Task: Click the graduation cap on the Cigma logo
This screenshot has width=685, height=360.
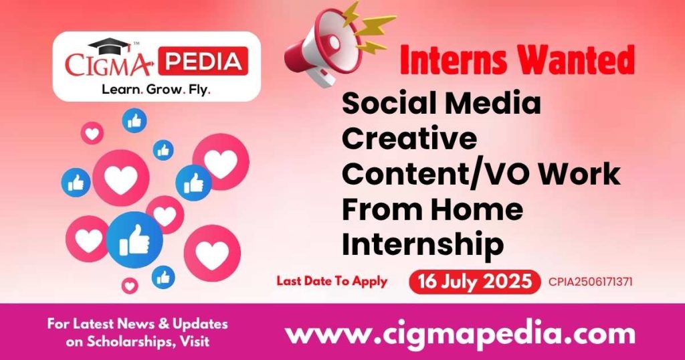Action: (x=111, y=46)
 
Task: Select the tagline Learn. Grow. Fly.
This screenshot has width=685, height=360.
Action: (x=155, y=89)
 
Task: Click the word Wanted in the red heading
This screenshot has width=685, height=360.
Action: (x=577, y=62)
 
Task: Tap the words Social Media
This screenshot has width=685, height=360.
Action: (x=442, y=104)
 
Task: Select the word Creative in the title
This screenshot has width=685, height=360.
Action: (x=409, y=139)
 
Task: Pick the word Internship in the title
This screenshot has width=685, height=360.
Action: (x=423, y=245)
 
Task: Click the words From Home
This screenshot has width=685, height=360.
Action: (x=432, y=210)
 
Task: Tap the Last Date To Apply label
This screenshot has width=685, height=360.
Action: (x=332, y=281)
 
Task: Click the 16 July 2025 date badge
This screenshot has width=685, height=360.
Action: (x=475, y=282)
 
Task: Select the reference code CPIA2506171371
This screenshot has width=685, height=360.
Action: (x=590, y=282)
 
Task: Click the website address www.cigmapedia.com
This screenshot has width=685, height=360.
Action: (x=460, y=333)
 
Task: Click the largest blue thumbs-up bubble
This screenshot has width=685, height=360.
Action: (x=134, y=240)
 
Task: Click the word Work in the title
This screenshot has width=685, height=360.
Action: (x=581, y=175)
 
